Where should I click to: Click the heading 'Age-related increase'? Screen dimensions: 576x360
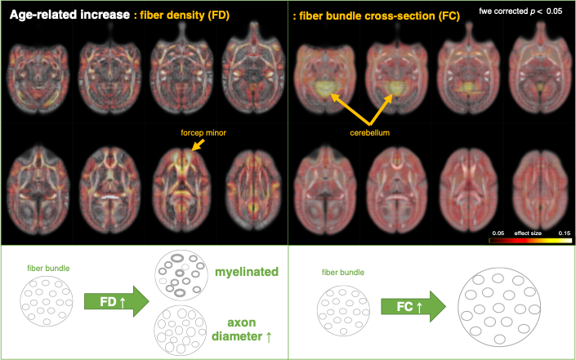[69, 14]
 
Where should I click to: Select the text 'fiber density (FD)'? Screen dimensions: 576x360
[190, 14]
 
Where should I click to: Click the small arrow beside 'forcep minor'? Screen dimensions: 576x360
[198, 145]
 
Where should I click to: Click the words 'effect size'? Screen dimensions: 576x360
[529, 232]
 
